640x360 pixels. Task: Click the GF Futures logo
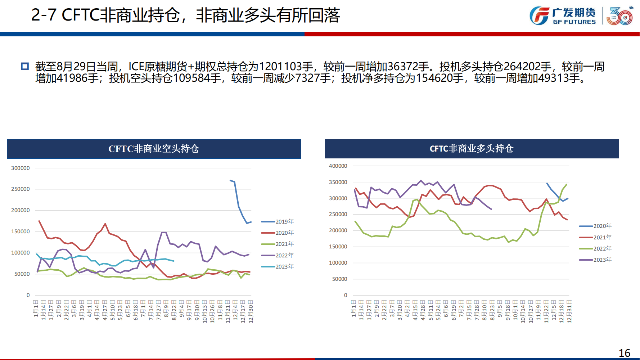562,16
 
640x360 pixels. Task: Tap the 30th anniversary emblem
619,16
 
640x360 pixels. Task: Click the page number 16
625,353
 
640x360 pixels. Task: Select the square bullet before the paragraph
25,66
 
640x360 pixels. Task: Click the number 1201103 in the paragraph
280,67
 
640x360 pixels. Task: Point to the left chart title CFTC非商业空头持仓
154,149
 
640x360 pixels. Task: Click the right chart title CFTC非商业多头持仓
472,149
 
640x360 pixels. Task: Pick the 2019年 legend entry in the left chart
278,222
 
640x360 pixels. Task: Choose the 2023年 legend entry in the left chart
278,267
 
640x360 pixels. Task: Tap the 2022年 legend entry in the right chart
595,249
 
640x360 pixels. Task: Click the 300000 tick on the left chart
21,168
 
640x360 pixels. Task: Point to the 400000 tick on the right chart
338,166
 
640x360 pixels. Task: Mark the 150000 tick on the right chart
338,247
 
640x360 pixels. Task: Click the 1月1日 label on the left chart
36,309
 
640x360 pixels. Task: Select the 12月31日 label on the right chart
569,311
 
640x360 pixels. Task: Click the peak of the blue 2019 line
230,180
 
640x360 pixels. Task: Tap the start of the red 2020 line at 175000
39,221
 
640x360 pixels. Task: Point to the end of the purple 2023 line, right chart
491,209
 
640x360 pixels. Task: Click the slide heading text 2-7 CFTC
65,15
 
